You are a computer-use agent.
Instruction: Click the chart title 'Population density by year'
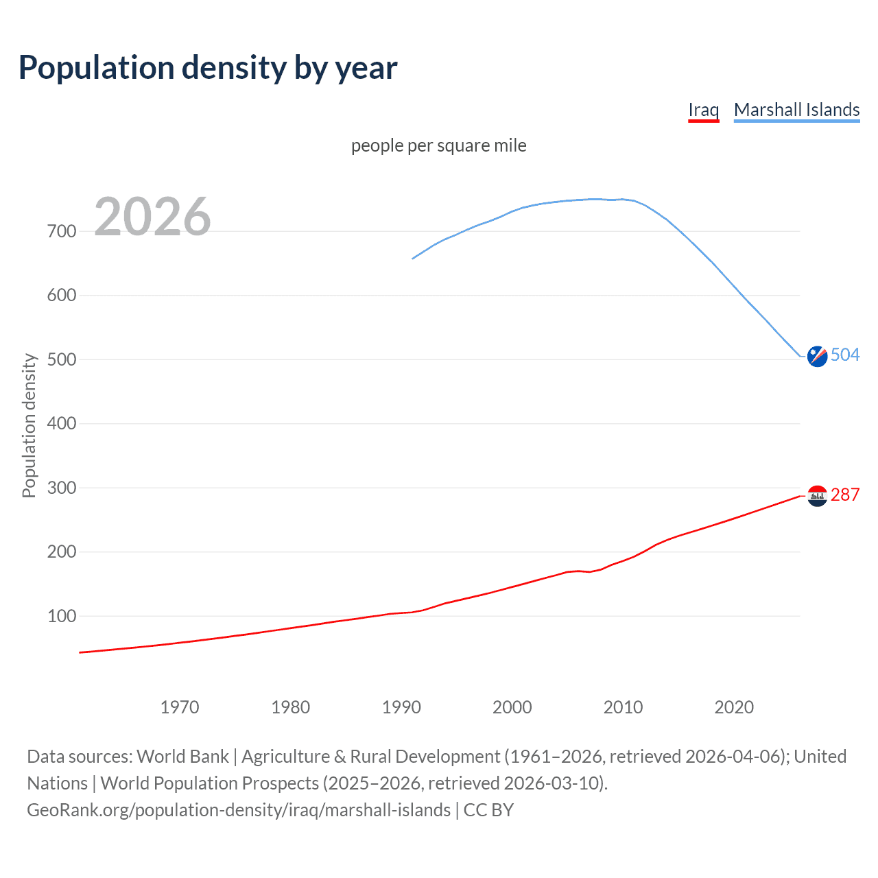pyautogui.click(x=208, y=68)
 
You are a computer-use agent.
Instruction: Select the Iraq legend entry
pyautogui.click(x=703, y=110)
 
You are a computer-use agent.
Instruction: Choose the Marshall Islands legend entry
pyautogui.click(x=796, y=110)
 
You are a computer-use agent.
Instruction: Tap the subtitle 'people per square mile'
pyautogui.click(x=438, y=145)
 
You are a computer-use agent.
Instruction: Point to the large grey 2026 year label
pyautogui.click(x=152, y=217)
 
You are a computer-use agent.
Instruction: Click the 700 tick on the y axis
pyautogui.click(x=62, y=231)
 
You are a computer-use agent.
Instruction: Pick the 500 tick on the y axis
pyautogui.click(x=62, y=359)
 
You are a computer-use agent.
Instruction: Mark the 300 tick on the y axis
pyautogui.click(x=62, y=488)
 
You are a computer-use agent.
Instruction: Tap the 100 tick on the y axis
pyautogui.click(x=62, y=616)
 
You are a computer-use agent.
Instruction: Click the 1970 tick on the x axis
pyautogui.click(x=180, y=707)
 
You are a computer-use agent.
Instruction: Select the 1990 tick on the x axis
pyautogui.click(x=401, y=707)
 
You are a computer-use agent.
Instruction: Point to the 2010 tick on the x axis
pyautogui.click(x=623, y=707)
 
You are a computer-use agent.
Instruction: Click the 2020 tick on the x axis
pyautogui.click(x=734, y=707)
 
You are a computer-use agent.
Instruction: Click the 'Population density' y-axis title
pyautogui.click(x=29, y=425)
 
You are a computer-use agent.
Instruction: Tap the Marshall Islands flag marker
pyautogui.click(x=817, y=356)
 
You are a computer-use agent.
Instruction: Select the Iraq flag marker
pyautogui.click(x=817, y=495)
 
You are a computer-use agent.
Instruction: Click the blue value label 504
pyautogui.click(x=845, y=355)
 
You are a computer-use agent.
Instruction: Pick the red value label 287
pyautogui.click(x=845, y=495)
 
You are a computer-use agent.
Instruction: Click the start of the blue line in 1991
pyautogui.click(x=413, y=259)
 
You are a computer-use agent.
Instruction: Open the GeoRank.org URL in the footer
pyautogui.click(x=239, y=810)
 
